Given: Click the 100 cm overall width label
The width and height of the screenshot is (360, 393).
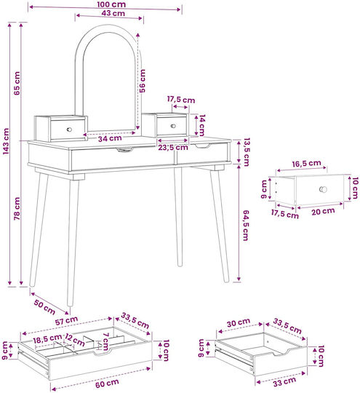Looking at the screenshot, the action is (111, 4).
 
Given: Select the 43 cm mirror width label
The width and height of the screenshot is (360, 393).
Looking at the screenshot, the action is (113, 13).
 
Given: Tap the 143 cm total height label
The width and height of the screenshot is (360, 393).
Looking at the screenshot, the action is (6, 141).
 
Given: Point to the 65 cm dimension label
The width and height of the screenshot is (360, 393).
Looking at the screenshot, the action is (17, 83).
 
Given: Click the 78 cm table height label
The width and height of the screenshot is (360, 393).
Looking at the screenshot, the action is (17, 209).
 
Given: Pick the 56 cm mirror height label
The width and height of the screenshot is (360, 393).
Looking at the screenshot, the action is (142, 81).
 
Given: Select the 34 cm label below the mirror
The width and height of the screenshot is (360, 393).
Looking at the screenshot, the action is (110, 138).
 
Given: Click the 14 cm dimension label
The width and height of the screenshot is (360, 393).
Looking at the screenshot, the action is (202, 125).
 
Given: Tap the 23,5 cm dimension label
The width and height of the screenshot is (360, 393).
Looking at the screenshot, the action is (173, 147).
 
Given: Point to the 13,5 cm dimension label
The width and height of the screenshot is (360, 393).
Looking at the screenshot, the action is (247, 152).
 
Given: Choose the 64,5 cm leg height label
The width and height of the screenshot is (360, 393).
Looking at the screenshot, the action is (246, 226).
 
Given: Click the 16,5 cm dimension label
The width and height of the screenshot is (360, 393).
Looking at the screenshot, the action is (306, 164).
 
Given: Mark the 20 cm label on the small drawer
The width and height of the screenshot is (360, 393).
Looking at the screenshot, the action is (323, 211).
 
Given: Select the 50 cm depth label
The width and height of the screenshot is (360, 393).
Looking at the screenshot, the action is (44, 307).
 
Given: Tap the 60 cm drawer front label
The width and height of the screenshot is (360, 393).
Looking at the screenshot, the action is (107, 384).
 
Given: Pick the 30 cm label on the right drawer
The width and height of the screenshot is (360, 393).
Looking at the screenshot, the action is (239, 323).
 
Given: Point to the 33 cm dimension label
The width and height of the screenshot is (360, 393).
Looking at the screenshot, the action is (284, 381).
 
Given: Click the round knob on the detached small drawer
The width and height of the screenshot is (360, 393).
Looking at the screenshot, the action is (323, 189).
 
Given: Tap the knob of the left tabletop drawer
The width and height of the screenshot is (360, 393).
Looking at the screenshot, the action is (69, 130).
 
